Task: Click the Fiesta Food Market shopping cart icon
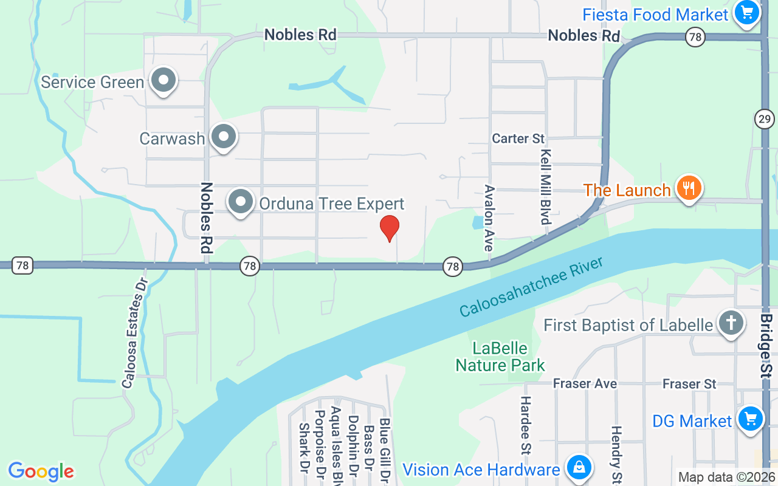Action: (x=747, y=13)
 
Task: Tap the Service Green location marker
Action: (x=163, y=81)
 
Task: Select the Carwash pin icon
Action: (x=224, y=137)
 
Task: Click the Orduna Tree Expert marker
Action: (x=241, y=202)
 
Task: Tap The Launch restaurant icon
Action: (x=688, y=188)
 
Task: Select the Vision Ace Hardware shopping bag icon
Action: (x=579, y=468)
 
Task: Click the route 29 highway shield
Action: (x=765, y=118)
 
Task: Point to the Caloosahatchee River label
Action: (x=531, y=287)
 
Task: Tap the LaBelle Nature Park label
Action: (x=500, y=357)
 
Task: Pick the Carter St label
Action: (x=518, y=139)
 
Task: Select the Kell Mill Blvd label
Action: (x=545, y=187)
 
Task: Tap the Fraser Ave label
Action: (x=585, y=384)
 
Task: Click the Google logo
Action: (x=41, y=471)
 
